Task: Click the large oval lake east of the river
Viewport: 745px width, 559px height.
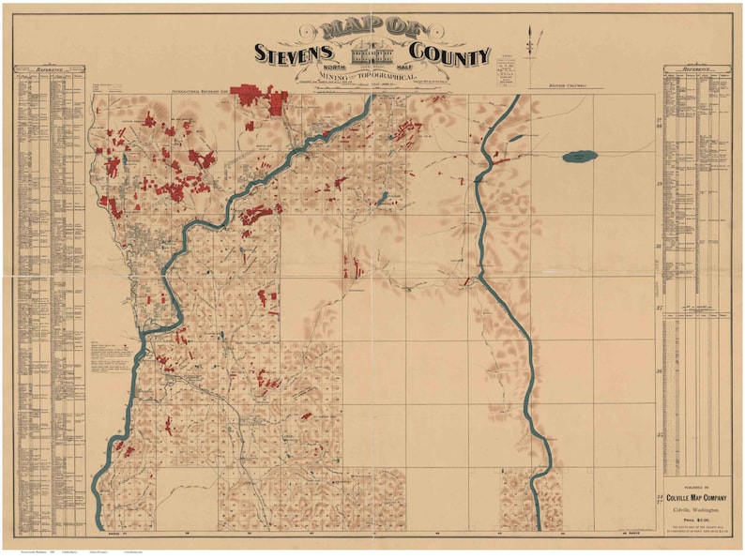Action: coord(579,157)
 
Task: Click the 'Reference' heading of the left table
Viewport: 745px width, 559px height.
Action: coord(49,69)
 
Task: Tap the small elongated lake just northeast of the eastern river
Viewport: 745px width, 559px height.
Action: coord(516,138)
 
